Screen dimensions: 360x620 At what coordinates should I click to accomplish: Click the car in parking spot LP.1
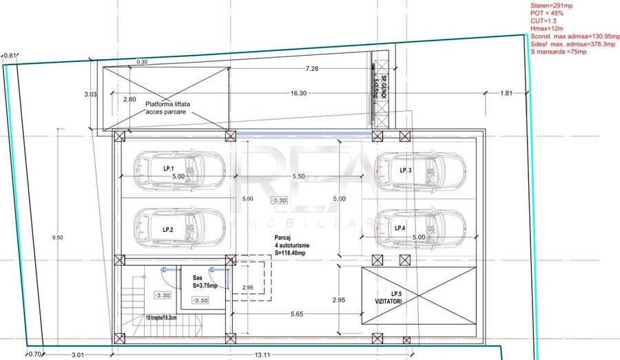(x=178, y=167)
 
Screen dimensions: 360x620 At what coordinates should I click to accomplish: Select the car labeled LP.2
(x=178, y=226)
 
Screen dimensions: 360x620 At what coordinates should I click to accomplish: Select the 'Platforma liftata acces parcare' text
(x=167, y=107)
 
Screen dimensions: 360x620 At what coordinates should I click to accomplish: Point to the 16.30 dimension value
(x=298, y=93)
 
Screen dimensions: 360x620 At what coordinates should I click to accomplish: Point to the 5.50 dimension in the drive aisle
(x=298, y=176)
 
